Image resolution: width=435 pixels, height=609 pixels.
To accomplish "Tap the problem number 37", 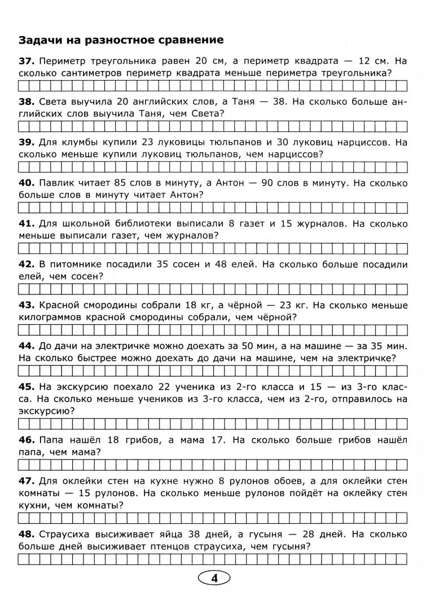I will tap(27, 60).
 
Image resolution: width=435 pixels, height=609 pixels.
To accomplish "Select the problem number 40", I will tap(27, 183).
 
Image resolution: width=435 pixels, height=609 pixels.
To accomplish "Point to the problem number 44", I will tap(27, 345).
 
